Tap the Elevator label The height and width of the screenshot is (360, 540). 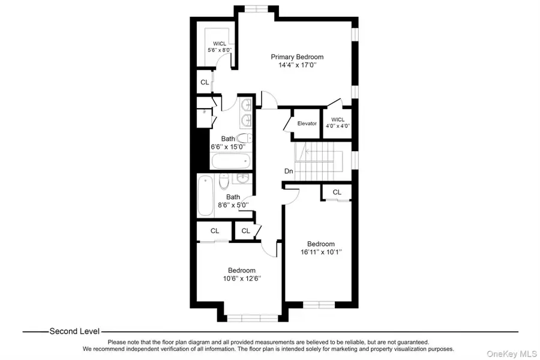coord(307,124)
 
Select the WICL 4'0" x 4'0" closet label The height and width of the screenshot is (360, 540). coord(337,123)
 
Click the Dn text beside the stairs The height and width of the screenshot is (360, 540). coord(289,171)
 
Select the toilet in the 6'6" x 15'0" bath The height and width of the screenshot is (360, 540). coord(242,138)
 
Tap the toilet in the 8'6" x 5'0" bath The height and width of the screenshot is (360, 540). coord(224,181)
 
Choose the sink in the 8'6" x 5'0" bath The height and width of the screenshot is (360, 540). coord(244,179)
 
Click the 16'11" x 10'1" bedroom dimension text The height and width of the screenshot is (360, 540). coord(320,253)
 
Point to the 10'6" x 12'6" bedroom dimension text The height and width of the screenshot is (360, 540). coord(241,278)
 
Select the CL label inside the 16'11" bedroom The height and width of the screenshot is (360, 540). coord(337,192)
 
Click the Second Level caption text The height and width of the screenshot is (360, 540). coord(74,331)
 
